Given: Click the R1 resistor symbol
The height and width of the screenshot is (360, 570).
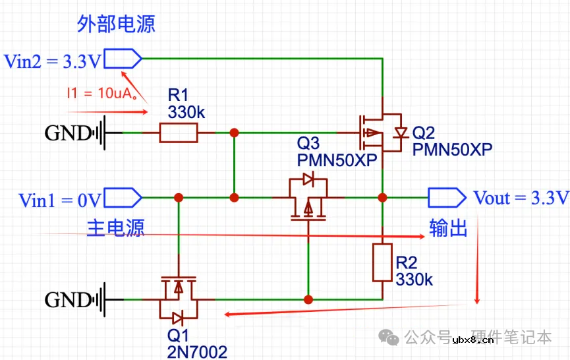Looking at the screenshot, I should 178,133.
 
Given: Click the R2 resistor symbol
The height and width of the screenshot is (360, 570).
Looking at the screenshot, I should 382,262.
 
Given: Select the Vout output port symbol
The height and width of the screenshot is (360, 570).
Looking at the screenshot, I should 447,197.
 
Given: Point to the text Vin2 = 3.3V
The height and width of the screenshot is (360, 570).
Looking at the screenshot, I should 53,61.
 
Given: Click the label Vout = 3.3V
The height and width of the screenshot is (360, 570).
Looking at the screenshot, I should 520,198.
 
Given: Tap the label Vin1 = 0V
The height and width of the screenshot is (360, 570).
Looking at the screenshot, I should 60,200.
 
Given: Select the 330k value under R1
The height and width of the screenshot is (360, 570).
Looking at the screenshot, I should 186,112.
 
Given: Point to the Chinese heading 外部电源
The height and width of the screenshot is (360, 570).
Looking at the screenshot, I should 116,24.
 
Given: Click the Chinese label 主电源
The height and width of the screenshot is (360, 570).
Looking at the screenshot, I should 115,227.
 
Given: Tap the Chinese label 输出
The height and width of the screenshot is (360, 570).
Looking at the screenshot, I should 448,227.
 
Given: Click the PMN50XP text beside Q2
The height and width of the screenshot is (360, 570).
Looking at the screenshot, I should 452,148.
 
